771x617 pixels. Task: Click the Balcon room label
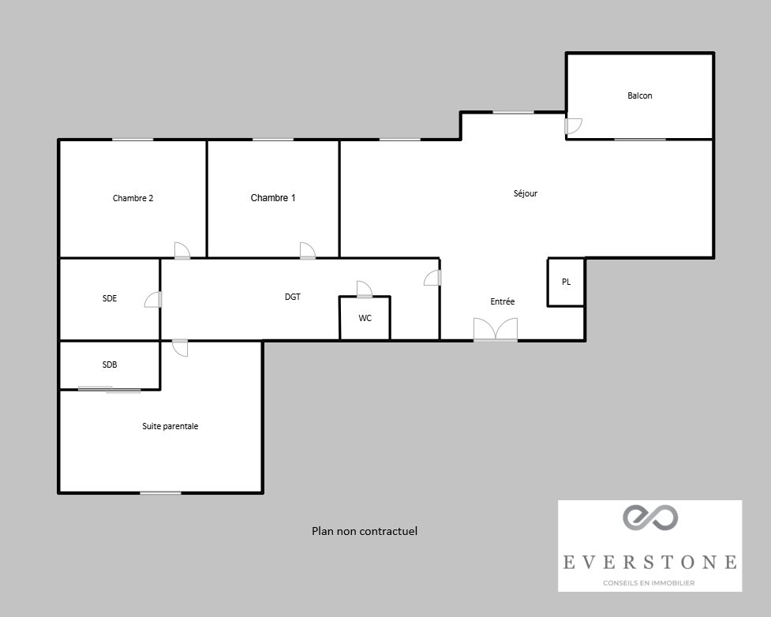[640, 95]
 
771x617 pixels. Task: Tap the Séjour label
[525, 193]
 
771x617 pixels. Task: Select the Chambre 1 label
[273, 197]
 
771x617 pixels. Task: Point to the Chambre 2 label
[133, 198]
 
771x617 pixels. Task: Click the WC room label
[365, 318]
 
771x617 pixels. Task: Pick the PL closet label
[566, 282]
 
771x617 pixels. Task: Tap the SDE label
[110, 298]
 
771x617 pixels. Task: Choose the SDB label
[110, 365]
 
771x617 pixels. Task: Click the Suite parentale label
[170, 426]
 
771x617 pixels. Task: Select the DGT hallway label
[293, 297]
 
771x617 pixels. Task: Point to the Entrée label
[503, 301]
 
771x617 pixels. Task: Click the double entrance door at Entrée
[496, 329]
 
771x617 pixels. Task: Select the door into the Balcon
[573, 126]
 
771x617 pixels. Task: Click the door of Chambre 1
[307, 251]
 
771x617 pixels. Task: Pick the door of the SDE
[153, 299]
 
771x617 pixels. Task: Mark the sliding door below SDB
[109, 391]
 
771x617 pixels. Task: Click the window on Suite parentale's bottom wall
[160, 492]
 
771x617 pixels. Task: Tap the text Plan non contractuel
[365, 531]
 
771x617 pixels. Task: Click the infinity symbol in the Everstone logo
[650, 518]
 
